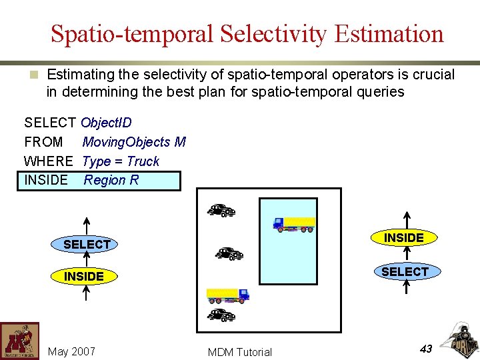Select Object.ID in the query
[107, 123]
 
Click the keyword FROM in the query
[43, 142]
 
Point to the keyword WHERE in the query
[48, 161]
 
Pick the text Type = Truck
[121, 161]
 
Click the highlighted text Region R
[111, 180]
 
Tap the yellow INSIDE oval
[404, 238]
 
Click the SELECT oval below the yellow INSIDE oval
[404, 271]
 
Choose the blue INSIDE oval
[84, 276]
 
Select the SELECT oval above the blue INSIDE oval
[87, 245]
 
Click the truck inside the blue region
[294, 224]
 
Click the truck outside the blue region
[227, 294]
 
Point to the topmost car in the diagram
[221, 211]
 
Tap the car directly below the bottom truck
[221, 315]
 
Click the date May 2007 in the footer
[72, 351]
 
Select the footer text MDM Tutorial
[240, 352]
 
